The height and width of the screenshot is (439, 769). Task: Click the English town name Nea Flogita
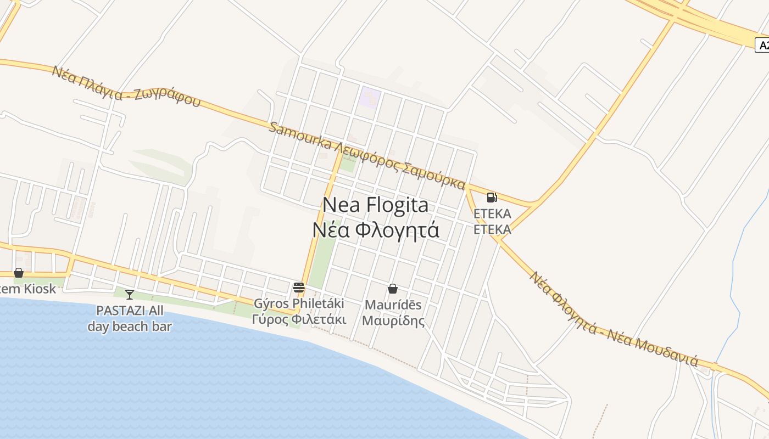point(375,205)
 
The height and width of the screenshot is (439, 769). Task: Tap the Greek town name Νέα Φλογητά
point(376,230)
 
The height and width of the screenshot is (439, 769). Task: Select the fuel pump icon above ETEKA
point(492,198)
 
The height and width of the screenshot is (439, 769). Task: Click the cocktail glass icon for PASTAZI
point(130,295)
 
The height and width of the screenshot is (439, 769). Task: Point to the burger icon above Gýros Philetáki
point(299,287)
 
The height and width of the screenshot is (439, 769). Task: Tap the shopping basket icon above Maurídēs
point(393,289)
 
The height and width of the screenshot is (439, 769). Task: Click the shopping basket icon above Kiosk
point(19,273)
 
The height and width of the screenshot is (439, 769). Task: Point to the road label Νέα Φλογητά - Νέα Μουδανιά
point(612,319)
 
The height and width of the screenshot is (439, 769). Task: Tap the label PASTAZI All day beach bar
point(130,318)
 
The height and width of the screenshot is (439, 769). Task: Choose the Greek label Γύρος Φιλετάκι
point(299,319)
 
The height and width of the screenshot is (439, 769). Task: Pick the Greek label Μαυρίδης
point(393,320)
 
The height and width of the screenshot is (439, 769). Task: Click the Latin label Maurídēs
point(393,305)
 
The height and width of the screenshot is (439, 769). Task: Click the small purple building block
point(370,97)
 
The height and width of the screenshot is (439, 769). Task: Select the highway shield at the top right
point(763,45)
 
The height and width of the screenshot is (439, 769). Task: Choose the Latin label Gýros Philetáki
point(299,303)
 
